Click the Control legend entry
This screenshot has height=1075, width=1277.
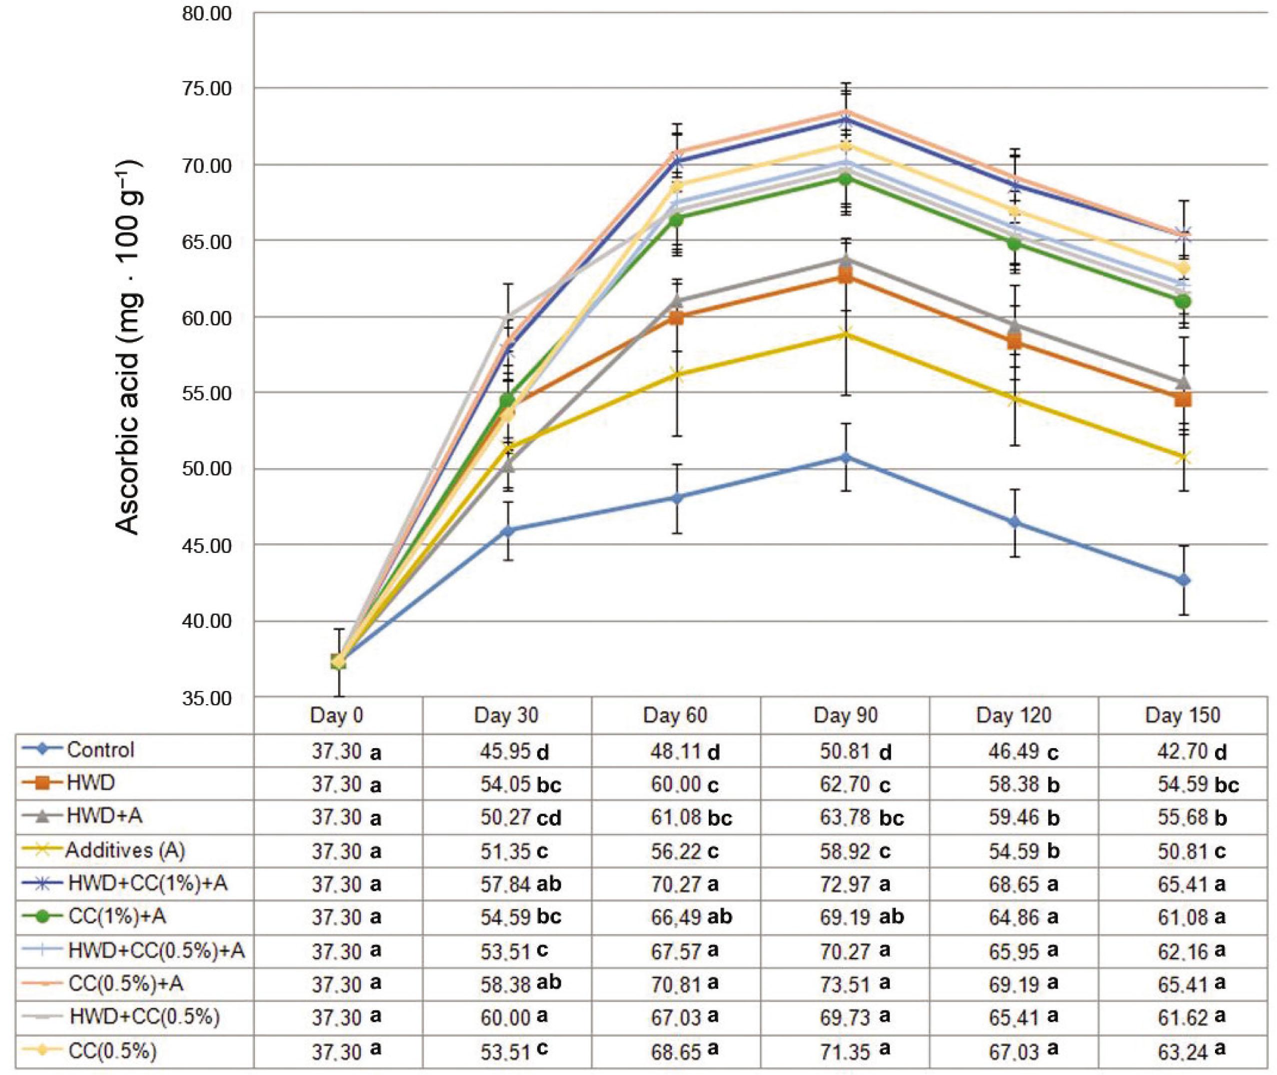(100, 750)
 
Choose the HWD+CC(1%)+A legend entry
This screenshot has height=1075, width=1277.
(147, 884)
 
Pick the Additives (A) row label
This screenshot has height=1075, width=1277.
(125, 850)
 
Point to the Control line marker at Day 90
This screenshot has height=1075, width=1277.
(845, 457)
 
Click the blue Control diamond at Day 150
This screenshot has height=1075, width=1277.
(1183, 580)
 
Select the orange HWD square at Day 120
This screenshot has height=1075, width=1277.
(1014, 342)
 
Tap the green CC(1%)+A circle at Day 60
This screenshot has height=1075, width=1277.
(676, 220)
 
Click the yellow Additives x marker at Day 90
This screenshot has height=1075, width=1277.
(845, 333)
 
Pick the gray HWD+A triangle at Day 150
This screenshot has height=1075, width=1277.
(1183, 382)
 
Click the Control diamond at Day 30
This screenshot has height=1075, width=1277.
(507, 530)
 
